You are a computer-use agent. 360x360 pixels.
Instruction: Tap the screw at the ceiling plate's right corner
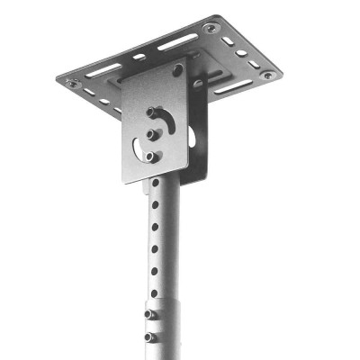click(267, 76)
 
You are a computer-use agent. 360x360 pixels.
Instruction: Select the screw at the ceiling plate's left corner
click(72, 82)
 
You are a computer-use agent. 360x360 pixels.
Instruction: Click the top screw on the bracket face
click(150, 113)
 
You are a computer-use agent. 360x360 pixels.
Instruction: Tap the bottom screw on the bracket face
click(150, 156)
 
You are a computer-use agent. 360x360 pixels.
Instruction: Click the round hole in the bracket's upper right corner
click(177, 70)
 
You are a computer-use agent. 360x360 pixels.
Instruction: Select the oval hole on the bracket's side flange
click(192, 138)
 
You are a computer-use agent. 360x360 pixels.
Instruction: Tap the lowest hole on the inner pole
click(153, 292)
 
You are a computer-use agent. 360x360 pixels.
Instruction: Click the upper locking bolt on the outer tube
click(148, 315)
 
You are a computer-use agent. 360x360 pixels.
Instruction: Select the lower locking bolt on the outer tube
click(148, 337)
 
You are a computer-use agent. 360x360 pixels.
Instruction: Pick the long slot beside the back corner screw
click(177, 41)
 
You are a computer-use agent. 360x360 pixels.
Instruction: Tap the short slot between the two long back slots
click(139, 57)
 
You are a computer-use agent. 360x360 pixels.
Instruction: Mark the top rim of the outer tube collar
click(160, 303)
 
